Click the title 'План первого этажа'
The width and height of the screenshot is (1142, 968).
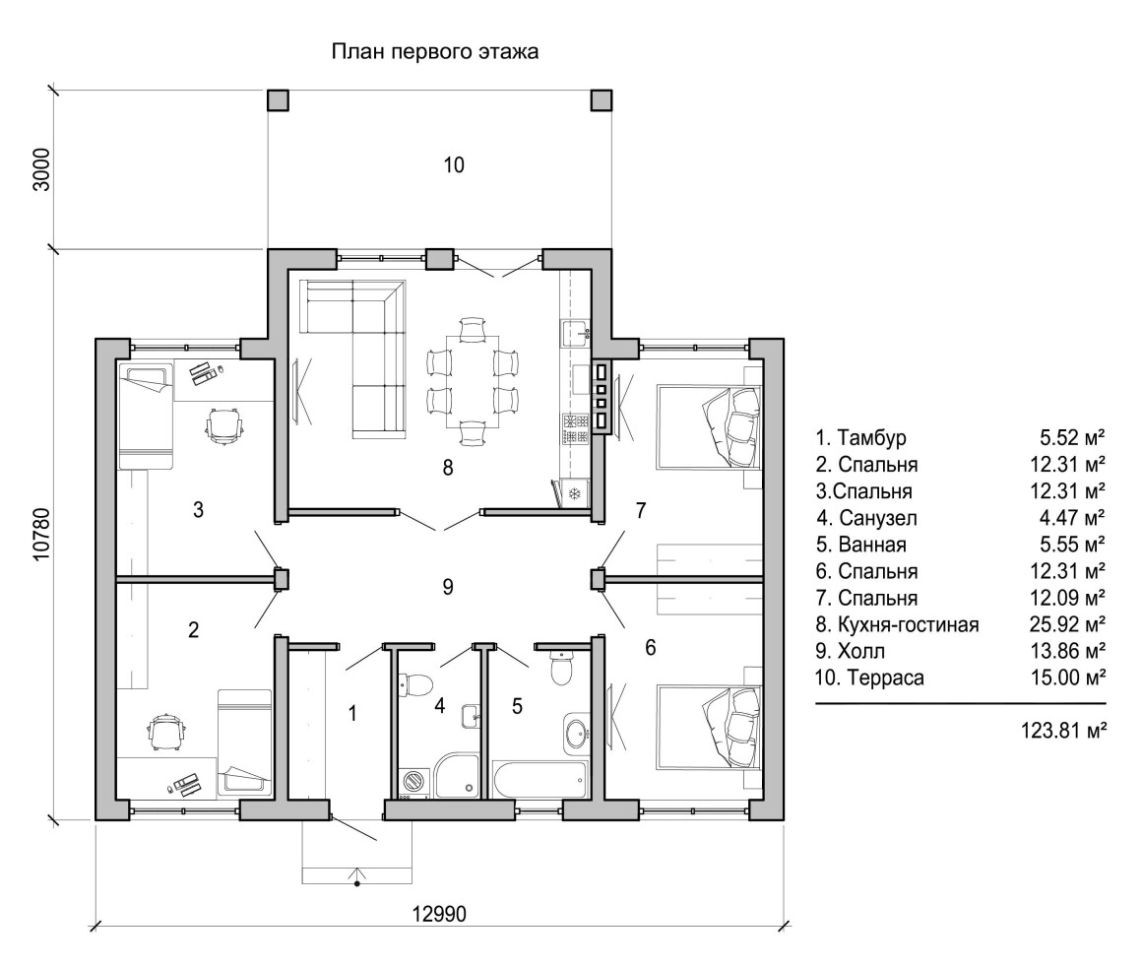coord(435,52)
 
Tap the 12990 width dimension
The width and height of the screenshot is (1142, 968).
coord(439,914)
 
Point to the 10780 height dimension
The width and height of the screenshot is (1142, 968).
coord(42,534)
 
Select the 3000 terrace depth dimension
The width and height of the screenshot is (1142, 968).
coord(42,169)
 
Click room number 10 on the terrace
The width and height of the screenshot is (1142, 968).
coord(454,165)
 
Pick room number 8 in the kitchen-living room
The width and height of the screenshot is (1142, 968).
coord(448,467)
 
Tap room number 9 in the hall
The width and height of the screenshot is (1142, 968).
coord(448,586)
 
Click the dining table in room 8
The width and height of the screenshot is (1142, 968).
coord(473,381)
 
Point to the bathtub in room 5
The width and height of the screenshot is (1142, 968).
coord(539,779)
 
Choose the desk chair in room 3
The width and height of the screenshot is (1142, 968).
coord(223,423)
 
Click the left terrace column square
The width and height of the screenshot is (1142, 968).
coord(278,99)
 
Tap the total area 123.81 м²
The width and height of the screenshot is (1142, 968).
coord(1063,731)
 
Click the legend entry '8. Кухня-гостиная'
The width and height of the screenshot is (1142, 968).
coord(897,624)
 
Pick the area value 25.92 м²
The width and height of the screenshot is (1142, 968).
coord(1068,624)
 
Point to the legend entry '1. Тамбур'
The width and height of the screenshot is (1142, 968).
coord(860,438)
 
